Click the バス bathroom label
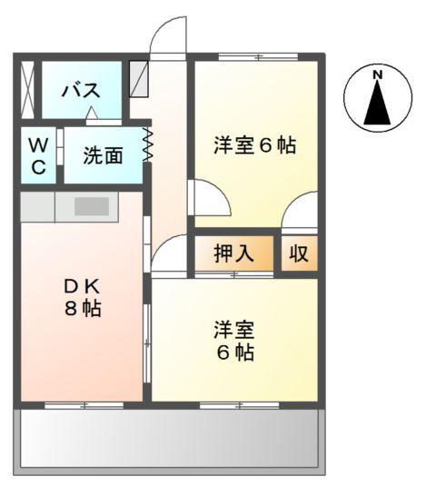(x=80, y=91)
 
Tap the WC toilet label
(x=37, y=155)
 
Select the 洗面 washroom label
(x=102, y=155)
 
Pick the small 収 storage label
(x=299, y=253)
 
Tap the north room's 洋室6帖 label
(x=255, y=145)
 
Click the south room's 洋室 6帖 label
(x=234, y=340)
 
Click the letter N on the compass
(x=378, y=74)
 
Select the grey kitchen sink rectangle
(x=92, y=205)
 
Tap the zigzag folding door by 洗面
(x=148, y=145)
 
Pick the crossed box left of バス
(x=27, y=89)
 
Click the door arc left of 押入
(x=169, y=255)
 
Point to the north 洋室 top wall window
(x=257, y=57)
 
